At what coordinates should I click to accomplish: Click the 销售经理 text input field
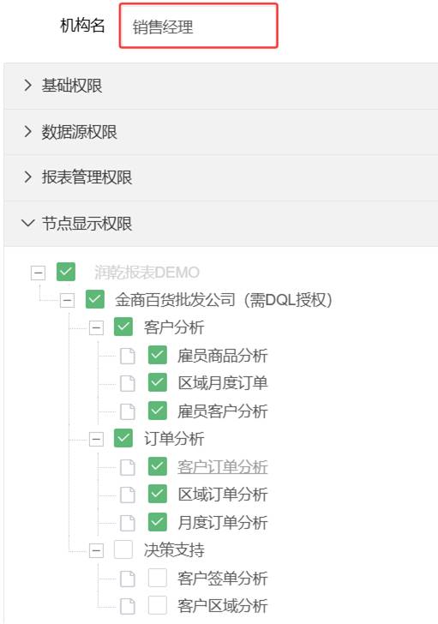198,26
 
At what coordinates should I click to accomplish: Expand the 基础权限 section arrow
27,85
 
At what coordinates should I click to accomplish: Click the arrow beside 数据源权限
27,131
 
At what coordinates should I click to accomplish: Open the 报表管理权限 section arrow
27,177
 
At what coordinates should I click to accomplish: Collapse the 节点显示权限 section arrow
27,223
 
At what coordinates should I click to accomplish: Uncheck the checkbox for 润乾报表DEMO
66,272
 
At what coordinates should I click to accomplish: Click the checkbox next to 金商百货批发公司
94,299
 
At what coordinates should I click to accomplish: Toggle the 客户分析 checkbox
123,327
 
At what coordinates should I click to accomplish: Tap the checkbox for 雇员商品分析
157,355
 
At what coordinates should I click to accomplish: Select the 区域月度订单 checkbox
157,383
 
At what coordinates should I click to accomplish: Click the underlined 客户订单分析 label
222,467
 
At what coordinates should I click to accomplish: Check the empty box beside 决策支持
123,550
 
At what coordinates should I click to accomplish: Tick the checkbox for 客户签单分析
157,578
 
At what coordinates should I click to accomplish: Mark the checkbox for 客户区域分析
157,606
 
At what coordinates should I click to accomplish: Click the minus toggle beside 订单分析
96,440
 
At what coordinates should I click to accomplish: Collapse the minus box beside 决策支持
96,551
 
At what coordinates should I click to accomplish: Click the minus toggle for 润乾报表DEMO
38,273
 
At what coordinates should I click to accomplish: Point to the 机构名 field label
82,26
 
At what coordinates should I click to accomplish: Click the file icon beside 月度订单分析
128,523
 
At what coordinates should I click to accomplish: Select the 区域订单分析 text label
222,495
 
